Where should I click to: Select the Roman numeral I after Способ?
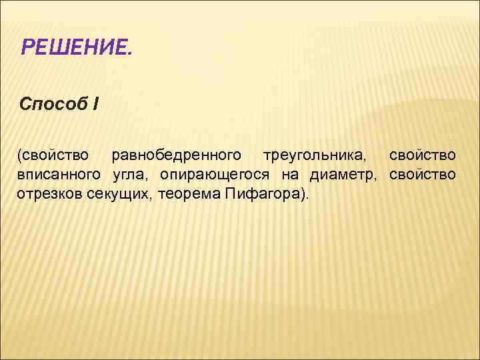click(96, 105)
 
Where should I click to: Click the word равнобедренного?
click(176, 156)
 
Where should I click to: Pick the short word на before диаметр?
click(288, 175)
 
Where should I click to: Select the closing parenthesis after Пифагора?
click(303, 194)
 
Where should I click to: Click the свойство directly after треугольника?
click(423, 156)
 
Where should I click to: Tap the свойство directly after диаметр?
click(423, 175)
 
